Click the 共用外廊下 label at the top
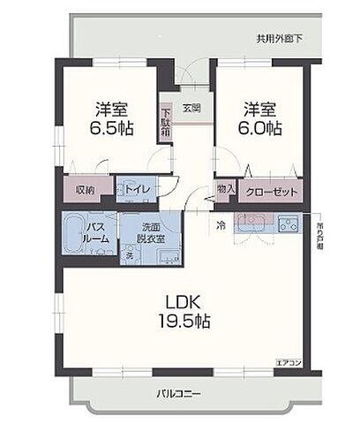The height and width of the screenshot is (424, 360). point(280,39)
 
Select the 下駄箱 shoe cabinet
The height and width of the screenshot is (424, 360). point(165,122)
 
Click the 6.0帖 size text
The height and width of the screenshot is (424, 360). point(261,128)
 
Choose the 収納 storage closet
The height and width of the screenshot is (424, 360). point(85,189)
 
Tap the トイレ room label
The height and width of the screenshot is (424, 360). point(137,189)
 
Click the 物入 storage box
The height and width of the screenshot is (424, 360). point(225,189)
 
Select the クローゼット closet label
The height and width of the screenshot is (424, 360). point(273,190)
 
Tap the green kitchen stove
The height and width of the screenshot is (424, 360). point(288,223)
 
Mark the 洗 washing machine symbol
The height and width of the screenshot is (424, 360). point(129,254)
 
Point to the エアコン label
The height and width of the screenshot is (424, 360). point(288,361)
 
